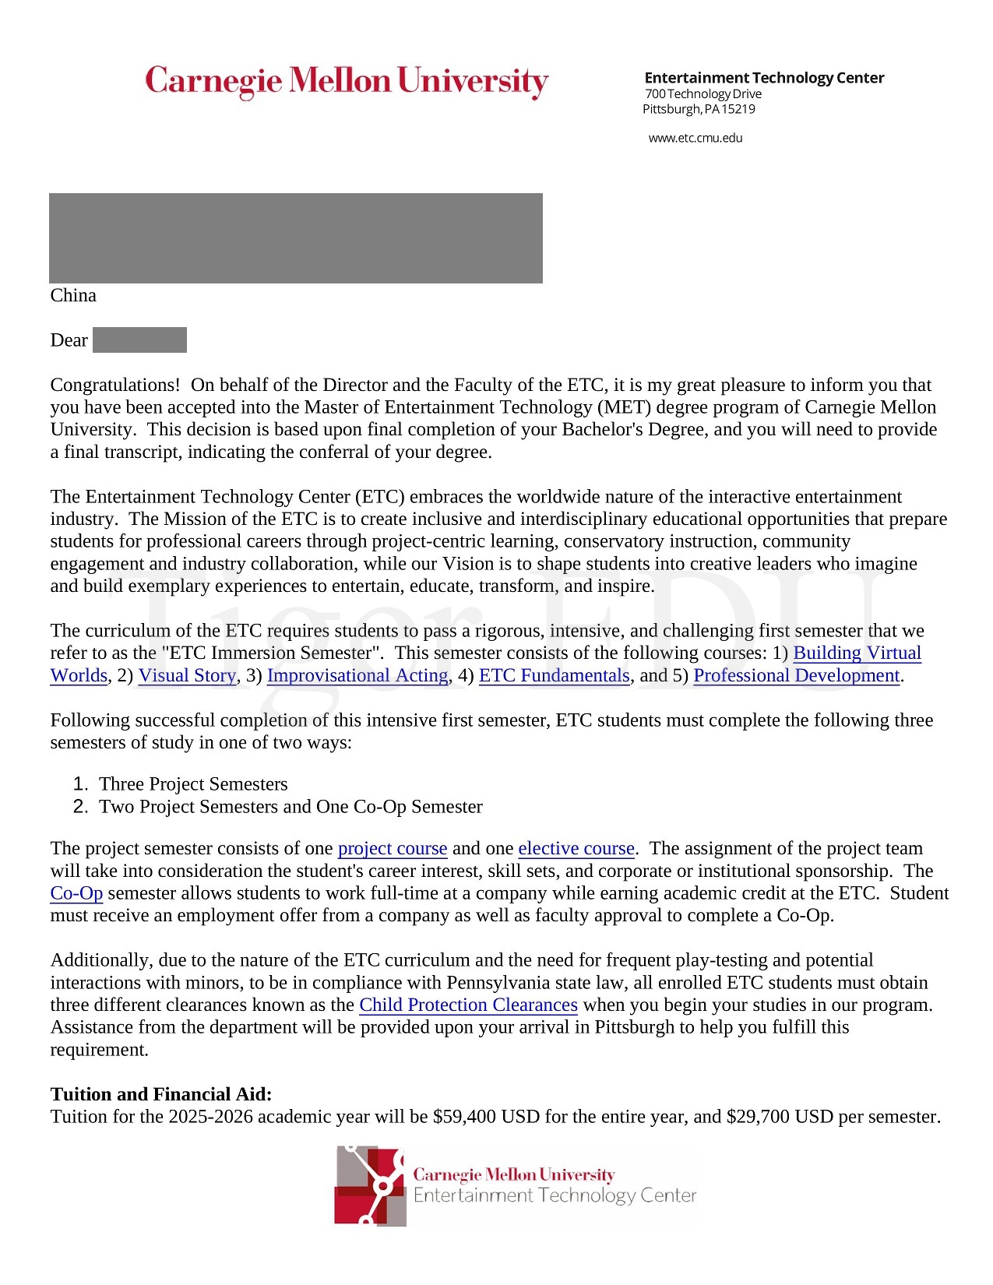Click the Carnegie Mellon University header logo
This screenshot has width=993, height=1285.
pos(347,81)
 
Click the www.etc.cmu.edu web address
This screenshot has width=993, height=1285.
pos(695,138)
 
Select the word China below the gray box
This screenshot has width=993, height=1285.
pos(73,295)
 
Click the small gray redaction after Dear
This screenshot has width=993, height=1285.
pos(139,340)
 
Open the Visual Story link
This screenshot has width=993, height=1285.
pos(187,675)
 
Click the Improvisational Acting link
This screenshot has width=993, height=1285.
pos(357,675)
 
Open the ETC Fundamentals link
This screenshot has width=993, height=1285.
pos(554,675)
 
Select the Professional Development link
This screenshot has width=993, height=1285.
pos(796,675)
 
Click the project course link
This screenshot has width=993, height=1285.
pos(392,848)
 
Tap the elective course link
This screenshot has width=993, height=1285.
pos(576,848)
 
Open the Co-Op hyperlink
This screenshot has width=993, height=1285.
pos(76,892)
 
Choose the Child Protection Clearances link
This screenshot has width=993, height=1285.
pos(468,1005)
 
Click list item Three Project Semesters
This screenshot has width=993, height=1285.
pos(193,783)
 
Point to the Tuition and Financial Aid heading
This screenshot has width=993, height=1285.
pos(161,1094)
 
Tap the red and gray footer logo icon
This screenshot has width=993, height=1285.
pos(371,1185)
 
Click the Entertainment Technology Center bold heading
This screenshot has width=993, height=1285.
pos(764,78)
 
